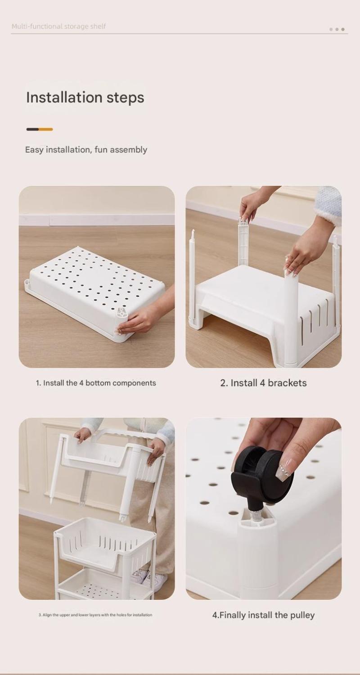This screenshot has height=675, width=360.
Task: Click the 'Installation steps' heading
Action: pos(85,98)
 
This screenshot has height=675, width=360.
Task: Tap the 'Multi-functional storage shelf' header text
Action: pos(58,27)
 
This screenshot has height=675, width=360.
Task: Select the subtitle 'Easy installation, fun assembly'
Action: pos(86,150)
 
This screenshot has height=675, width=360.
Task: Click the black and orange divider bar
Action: pos(40,129)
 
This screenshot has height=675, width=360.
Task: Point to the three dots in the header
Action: pos(337,29)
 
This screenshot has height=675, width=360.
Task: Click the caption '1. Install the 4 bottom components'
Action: pos(96,383)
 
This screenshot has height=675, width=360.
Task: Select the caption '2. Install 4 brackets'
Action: pos(263,383)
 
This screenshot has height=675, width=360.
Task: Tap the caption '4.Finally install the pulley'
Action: pos(263,615)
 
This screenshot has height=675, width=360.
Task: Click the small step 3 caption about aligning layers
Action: pos(95,615)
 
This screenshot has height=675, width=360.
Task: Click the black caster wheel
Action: pos(263,473)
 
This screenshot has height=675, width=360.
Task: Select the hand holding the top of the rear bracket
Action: pos(251,205)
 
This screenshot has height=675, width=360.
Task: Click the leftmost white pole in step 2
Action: pos(192,277)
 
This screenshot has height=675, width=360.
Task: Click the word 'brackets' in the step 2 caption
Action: pos(287,383)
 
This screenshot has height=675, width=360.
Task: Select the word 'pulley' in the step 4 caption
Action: pos(302,615)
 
